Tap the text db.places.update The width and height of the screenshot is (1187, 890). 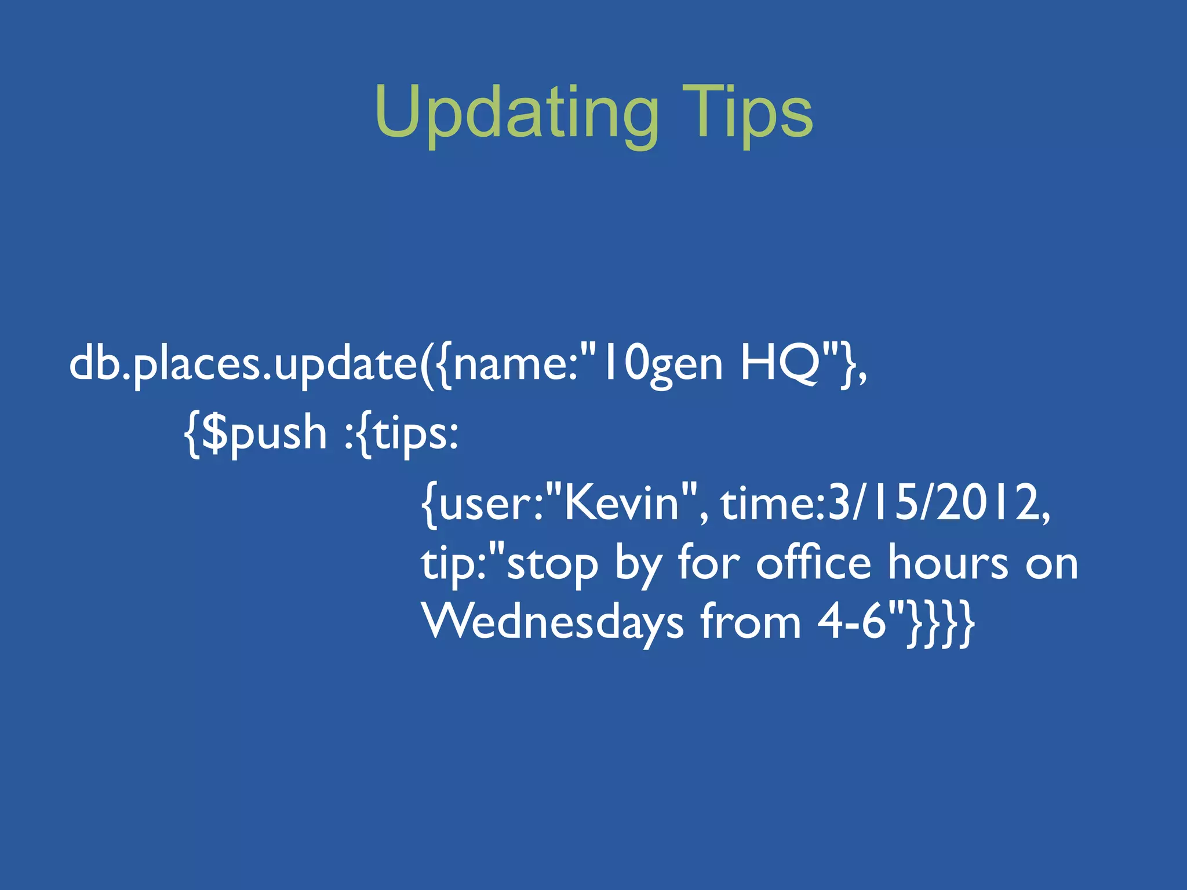[243, 365]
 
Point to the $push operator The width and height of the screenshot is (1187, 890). [264, 433]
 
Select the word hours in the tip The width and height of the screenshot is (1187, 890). [948, 563]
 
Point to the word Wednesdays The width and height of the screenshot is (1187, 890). [554, 623]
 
